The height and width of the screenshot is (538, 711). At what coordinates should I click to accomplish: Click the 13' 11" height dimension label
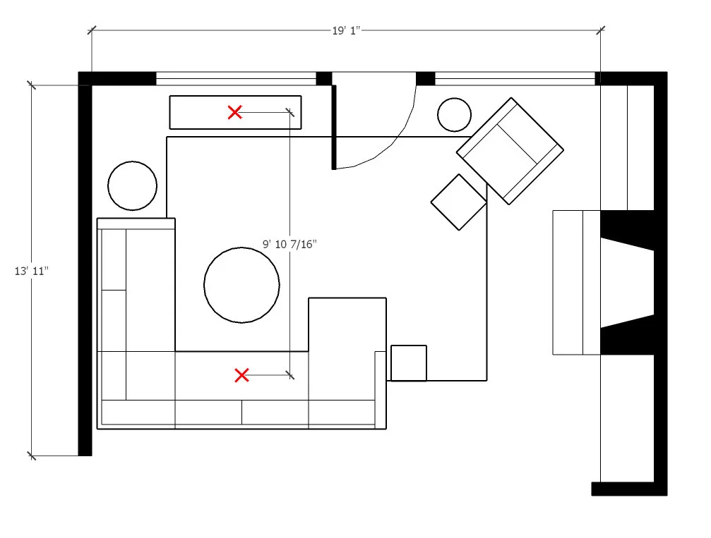point(30,271)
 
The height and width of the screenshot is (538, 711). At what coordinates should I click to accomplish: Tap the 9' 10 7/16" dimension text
point(289,245)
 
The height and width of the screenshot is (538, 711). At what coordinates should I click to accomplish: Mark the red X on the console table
point(235,111)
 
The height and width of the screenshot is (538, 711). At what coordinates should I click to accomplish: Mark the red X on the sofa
point(241,375)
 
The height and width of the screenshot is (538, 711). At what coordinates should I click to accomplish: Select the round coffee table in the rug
point(241,285)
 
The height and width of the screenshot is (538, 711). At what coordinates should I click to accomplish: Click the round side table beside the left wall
point(132,185)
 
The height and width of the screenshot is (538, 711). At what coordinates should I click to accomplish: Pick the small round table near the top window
point(454,115)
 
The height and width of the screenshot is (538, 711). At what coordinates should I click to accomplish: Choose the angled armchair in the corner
point(510,150)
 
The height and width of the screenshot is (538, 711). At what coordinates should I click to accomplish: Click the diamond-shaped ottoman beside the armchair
point(459,202)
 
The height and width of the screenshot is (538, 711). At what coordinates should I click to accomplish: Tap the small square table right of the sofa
point(409,362)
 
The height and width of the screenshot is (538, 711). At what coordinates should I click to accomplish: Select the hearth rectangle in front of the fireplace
point(575,282)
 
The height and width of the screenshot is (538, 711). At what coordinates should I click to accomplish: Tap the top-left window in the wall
point(235,78)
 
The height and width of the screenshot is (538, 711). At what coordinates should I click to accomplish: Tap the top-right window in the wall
point(515,78)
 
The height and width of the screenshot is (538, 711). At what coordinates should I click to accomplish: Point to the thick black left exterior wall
point(85,268)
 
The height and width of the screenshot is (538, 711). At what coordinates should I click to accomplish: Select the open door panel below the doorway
point(333,127)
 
